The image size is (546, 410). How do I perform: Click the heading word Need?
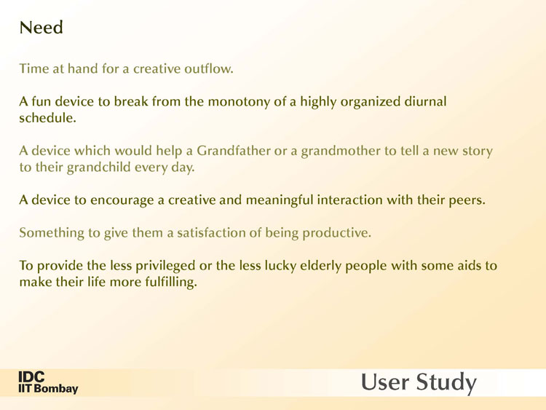point(41,28)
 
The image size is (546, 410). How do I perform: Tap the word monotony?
point(239,102)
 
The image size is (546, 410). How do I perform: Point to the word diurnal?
point(425,101)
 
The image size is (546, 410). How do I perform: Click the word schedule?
point(47,118)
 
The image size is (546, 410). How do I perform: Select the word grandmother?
point(341,151)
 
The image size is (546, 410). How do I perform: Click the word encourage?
point(122,201)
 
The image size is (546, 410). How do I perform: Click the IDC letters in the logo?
point(31,377)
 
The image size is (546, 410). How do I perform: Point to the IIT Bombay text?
point(48,388)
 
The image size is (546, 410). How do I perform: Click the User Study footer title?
point(418,382)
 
